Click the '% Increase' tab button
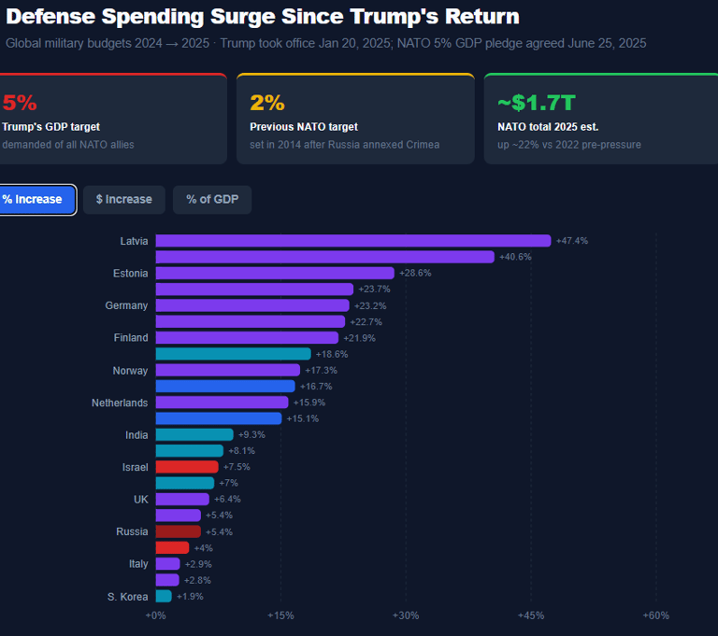[34, 199]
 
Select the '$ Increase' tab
[123, 199]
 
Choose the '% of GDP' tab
[211, 199]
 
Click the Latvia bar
[352, 241]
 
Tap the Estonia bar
[274, 273]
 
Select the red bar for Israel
[186, 467]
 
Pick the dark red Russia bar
[178, 531]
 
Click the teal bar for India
[194, 434]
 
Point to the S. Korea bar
[163, 596]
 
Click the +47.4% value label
[571, 241]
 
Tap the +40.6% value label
[515, 257]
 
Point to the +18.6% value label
[332, 354]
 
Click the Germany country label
[126, 305]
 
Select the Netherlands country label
[119, 403]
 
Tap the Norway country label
[130, 371]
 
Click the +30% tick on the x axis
[406, 615]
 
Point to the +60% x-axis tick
[655, 615]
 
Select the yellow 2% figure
[267, 103]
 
